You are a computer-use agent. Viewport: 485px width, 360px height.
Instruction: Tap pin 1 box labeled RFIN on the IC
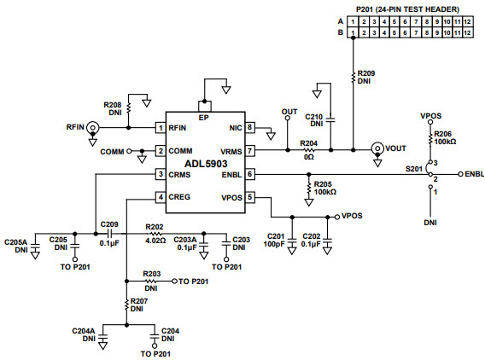click(160, 128)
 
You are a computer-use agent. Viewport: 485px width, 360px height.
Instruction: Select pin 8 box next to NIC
click(250, 128)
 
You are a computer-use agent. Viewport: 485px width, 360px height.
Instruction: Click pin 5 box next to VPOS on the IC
click(250, 197)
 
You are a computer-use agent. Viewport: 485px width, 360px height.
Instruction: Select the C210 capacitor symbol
click(332, 117)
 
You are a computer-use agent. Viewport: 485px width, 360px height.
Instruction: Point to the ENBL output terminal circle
click(459, 174)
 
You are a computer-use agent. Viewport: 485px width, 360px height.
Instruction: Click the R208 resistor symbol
click(129, 108)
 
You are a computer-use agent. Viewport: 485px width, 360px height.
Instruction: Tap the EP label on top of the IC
click(203, 117)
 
